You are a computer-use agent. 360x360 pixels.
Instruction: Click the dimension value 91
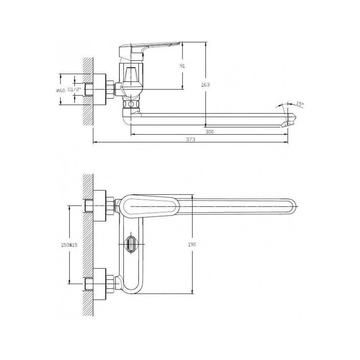coord(182,66)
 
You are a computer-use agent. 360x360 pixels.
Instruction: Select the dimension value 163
coord(205,85)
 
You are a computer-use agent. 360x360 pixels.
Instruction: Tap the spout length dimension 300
coord(210,132)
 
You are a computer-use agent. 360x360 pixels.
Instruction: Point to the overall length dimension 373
coord(190,139)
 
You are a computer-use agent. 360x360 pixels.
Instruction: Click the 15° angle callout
coord(299,104)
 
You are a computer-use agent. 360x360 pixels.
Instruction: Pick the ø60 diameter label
coord(61,90)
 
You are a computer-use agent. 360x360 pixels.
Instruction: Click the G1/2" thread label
coord(75,90)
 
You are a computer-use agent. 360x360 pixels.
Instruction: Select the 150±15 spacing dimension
coord(69,245)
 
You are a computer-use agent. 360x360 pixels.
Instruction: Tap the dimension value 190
coord(192,244)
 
